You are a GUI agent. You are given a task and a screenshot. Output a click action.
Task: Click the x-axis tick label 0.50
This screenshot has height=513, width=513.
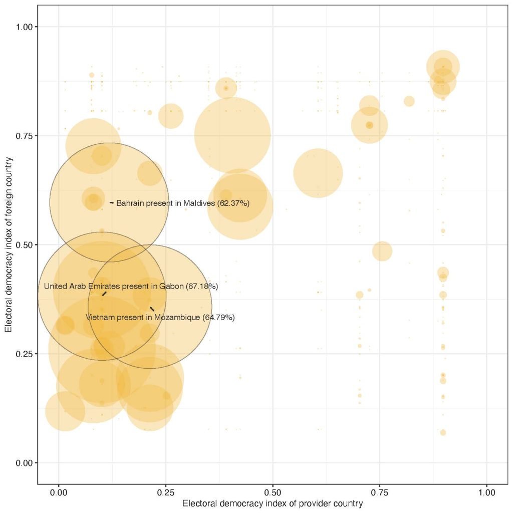273,492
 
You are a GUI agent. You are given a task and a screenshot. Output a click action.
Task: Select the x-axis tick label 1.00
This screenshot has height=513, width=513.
486,492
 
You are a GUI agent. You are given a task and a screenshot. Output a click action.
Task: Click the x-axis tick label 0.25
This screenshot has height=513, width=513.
166,492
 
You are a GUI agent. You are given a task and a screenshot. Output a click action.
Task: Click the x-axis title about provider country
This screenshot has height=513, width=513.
273,503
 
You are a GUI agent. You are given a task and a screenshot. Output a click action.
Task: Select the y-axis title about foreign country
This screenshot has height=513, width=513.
9,244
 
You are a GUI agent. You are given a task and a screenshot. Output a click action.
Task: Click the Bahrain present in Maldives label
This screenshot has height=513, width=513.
183,203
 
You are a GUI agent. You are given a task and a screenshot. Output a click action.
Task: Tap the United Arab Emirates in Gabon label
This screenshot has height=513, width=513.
131,287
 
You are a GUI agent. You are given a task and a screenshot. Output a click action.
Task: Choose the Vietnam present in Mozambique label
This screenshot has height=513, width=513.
160,318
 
